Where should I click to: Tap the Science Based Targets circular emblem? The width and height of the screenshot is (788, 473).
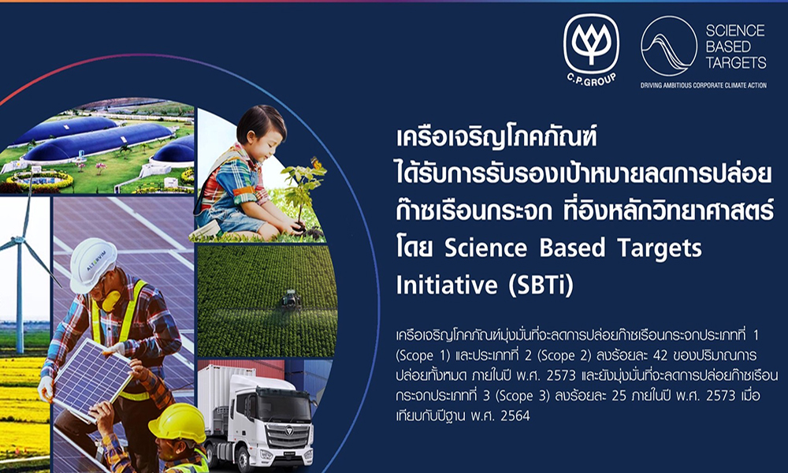[668, 46]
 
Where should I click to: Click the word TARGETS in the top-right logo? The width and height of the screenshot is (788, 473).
[736, 62]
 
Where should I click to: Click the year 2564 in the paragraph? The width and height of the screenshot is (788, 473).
[521, 415]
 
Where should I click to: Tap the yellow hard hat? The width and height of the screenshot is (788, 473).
[177, 423]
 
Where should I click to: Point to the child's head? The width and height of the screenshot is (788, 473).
[261, 130]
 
